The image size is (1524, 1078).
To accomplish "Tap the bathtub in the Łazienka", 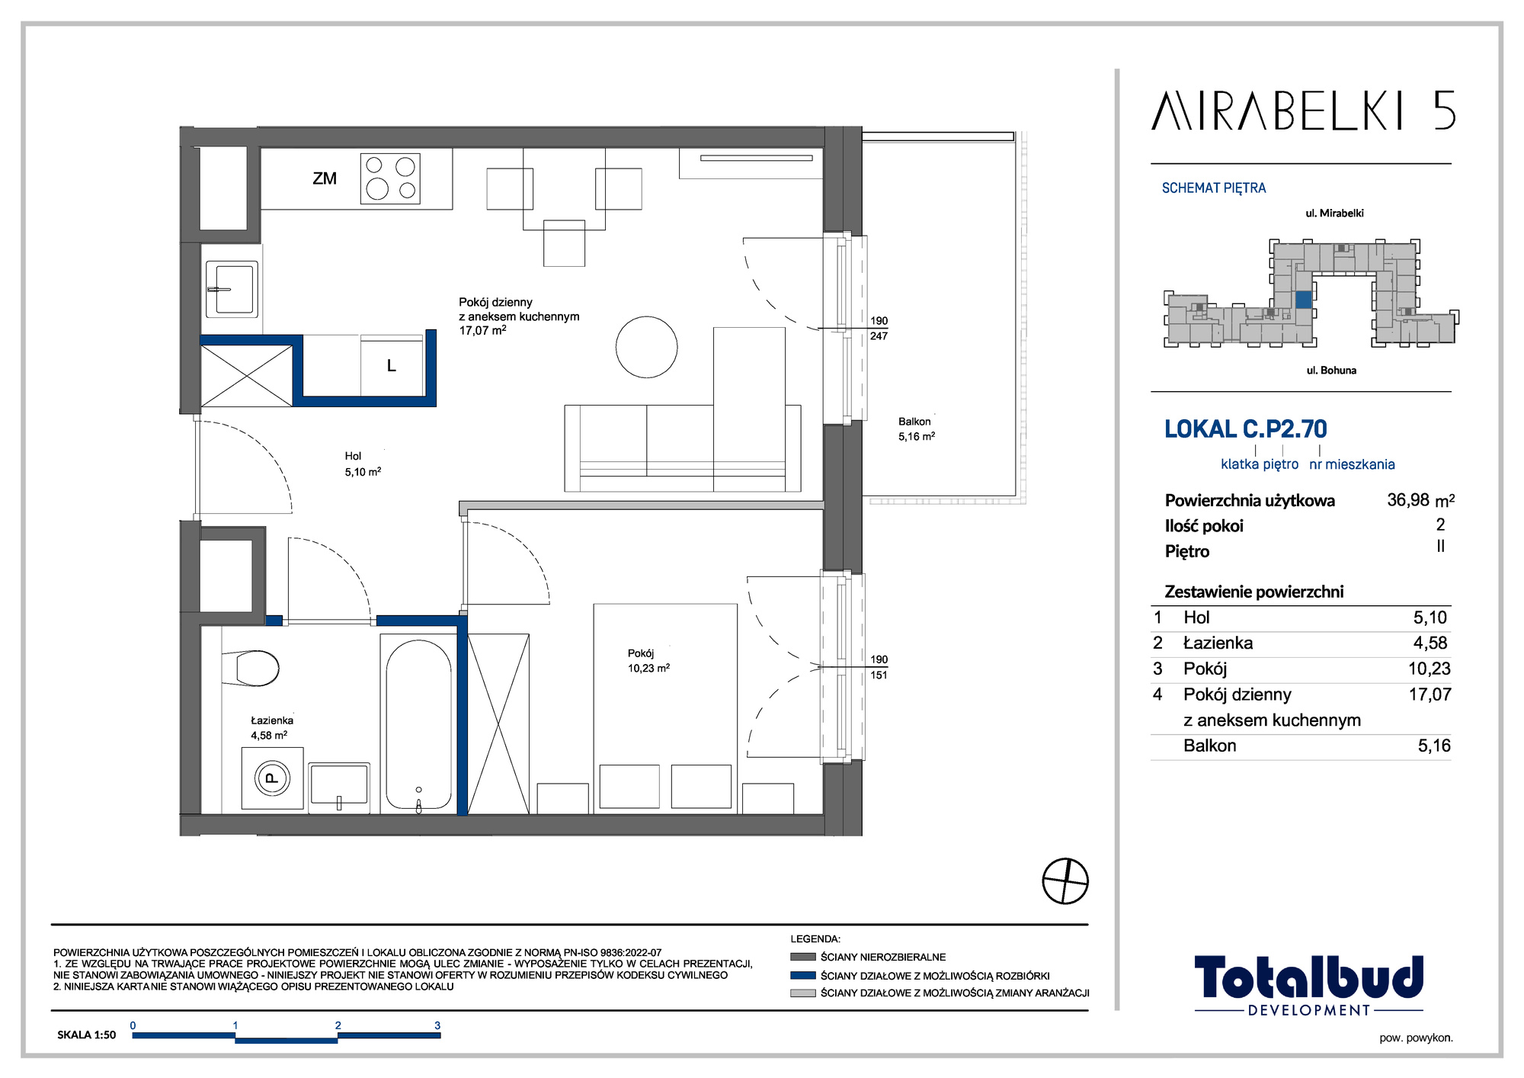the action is (418, 723).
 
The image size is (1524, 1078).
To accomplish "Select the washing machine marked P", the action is (272, 778).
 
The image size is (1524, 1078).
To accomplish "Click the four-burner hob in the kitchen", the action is (390, 178).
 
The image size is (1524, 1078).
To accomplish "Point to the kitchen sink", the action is (232, 289).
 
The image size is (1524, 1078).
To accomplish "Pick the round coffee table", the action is (646, 347).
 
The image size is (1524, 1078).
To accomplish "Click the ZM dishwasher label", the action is (325, 178).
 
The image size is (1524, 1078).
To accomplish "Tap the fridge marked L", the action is (392, 366).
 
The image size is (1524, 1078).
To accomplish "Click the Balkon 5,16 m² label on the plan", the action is (916, 429).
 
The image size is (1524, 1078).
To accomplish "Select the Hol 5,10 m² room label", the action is (363, 464).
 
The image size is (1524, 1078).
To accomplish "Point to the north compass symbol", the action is (1065, 881).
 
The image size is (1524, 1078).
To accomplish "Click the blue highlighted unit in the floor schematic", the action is (1304, 300).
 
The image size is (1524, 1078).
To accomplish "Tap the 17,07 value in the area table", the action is (1430, 695).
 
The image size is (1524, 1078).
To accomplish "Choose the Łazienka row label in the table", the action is (1218, 643).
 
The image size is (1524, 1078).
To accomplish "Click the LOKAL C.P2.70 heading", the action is (1246, 429).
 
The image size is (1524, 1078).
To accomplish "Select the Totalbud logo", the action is (1308, 985).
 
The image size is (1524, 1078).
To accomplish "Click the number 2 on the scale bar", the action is (338, 1025).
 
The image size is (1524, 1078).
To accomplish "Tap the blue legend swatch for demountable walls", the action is (803, 975).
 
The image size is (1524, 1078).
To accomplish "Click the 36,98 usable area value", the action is (1408, 500).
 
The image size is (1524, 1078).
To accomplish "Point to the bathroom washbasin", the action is (339, 785).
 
